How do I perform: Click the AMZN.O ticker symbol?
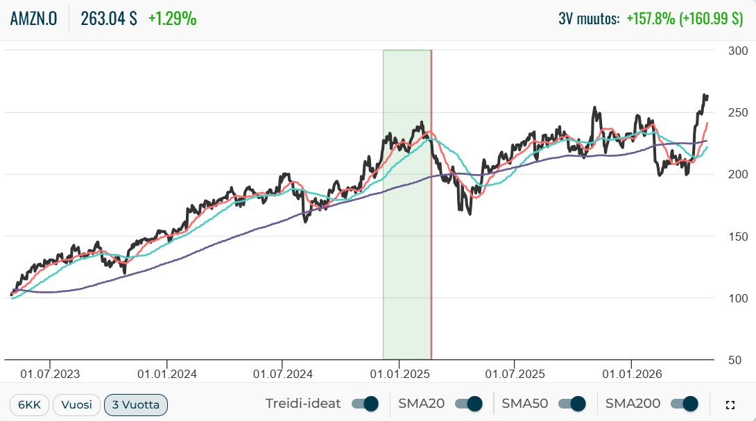point(34,18)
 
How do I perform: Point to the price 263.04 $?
point(108,18)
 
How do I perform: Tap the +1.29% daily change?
point(172,18)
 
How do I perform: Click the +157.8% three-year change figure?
point(651,18)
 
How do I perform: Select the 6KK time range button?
point(29,404)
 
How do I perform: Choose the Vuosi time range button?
point(77,404)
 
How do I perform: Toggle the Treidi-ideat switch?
point(365,404)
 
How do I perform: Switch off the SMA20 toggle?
point(469,404)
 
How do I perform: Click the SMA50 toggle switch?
point(572,404)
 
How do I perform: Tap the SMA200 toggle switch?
point(685,404)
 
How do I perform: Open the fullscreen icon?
point(730,405)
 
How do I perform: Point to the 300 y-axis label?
point(738,51)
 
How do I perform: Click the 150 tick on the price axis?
point(738,237)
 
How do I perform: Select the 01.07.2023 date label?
point(50,374)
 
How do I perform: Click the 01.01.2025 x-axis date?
point(400,374)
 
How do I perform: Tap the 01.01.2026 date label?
point(632,374)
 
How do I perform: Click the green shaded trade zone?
point(407,205)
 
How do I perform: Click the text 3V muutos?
point(589,18)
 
